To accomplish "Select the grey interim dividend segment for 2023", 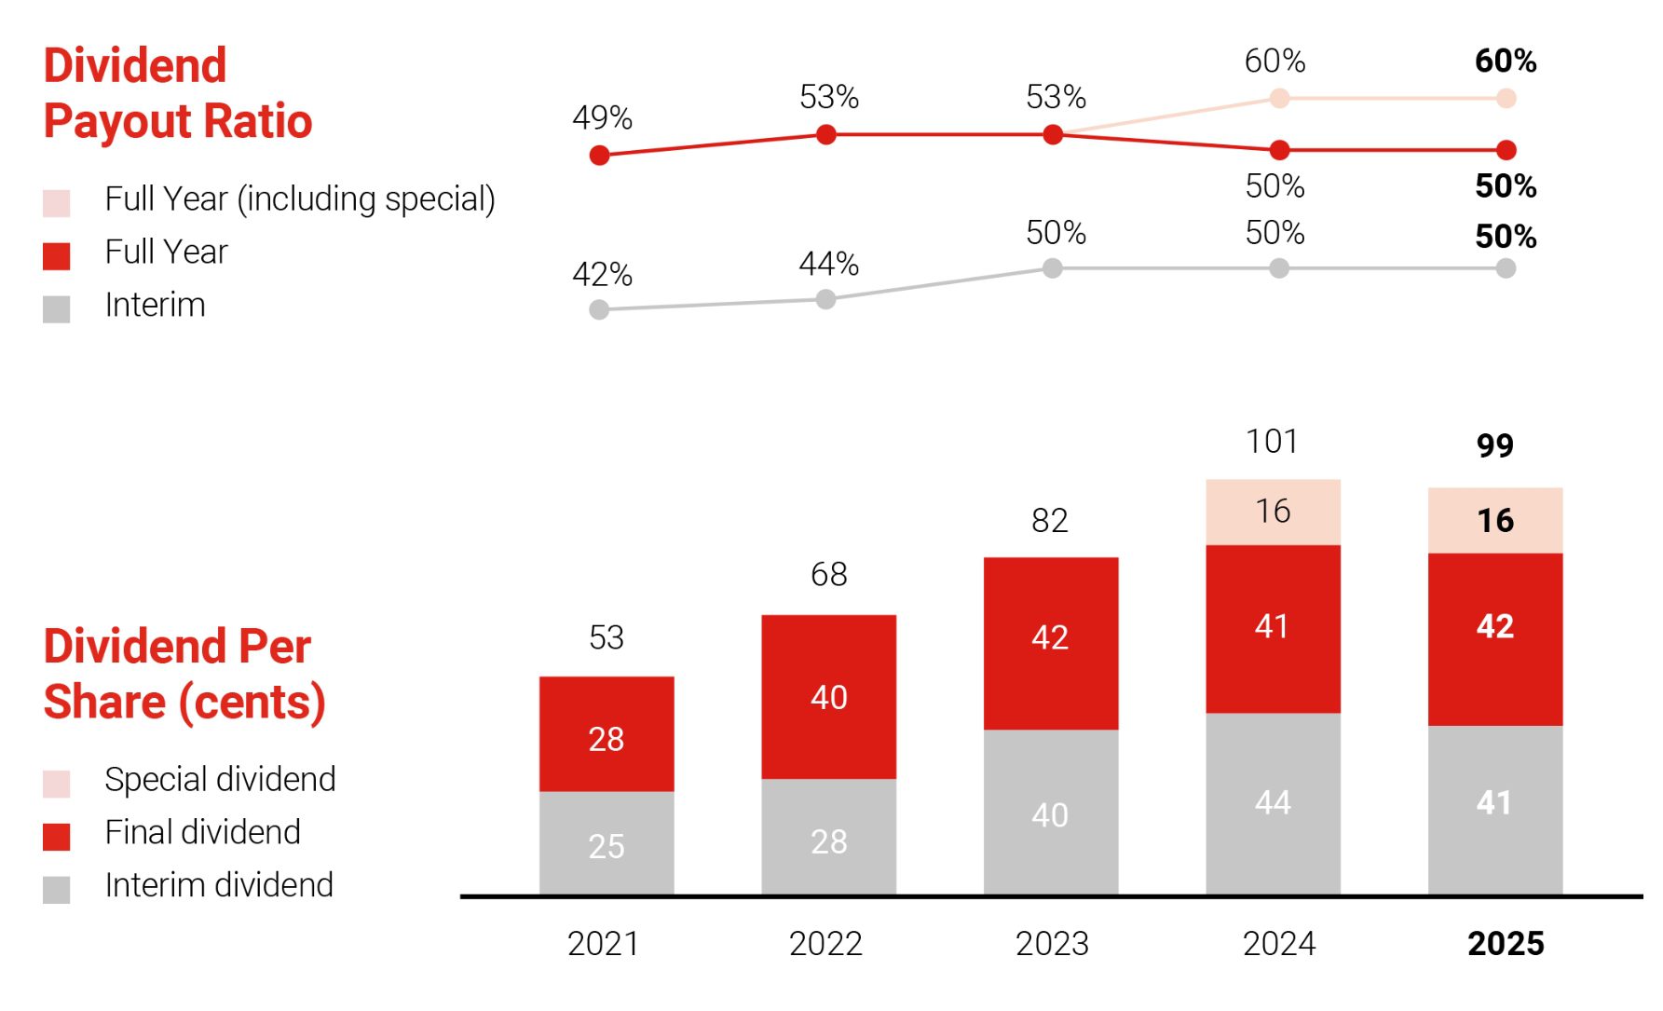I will click(x=1051, y=813).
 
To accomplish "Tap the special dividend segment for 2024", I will click(x=1273, y=512).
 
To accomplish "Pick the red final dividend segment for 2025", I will click(x=1495, y=639).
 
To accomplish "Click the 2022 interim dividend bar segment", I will click(x=828, y=837).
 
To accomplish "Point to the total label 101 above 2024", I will click(x=1273, y=442).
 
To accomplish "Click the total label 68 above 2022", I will click(x=828, y=575).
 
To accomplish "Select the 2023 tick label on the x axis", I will click(x=1052, y=944).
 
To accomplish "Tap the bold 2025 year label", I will click(x=1506, y=944).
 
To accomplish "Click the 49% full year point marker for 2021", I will click(x=600, y=156).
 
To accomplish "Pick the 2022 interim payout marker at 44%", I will click(x=825, y=299).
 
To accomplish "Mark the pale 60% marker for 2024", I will click(x=1279, y=98).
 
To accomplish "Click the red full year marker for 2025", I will click(x=1506, y=149).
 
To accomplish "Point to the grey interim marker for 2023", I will click(x=1053, y=268).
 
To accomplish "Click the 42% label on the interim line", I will click(x=602, y=275).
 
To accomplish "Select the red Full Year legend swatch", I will click(x=57, y=256).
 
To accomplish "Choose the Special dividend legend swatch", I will click(x=57, y=784).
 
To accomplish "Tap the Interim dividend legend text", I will click(x=219, y=885).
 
